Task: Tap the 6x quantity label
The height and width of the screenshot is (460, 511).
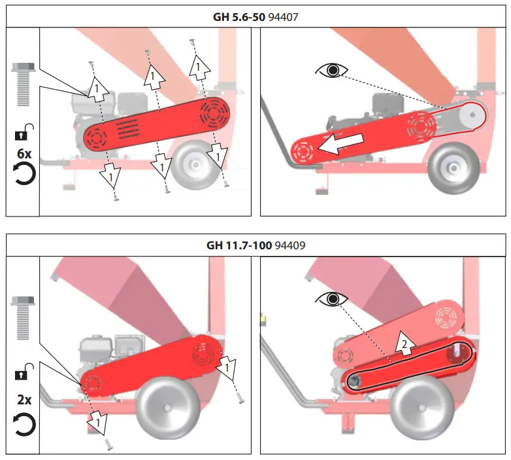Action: pyautogui.click(x=24, y=155)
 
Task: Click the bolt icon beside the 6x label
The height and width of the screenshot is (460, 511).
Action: pyautogui.click(x=23, y=86)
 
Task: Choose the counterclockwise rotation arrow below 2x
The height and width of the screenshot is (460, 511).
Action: pyautogui.click(x=24, y=424)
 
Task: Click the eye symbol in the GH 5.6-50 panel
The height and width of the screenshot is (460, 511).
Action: pyautogui.click(x=332, y=70)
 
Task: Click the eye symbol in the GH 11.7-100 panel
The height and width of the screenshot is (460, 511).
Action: pyautogui.click(x=332, y=300)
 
